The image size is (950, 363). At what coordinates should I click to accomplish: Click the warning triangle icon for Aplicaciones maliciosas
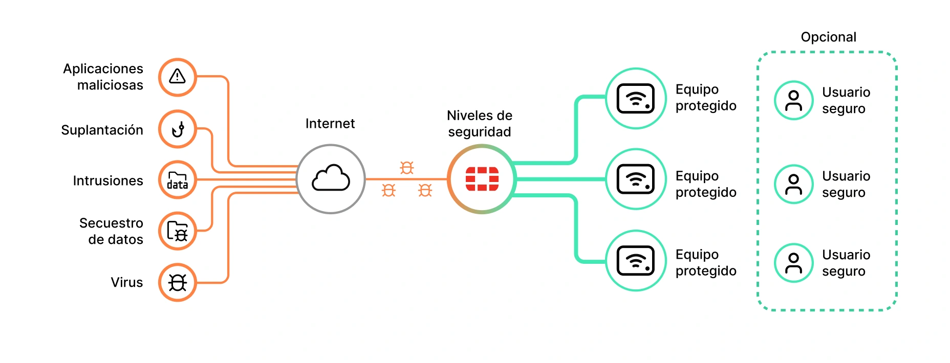coord(177,77)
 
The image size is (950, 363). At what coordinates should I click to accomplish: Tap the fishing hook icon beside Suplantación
coord(177,129)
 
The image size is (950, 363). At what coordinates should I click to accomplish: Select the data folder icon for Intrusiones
coord(177,180)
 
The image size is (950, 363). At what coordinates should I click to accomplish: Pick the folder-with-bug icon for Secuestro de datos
coord(177,231)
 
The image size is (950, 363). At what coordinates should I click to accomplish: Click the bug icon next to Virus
coord(177,282)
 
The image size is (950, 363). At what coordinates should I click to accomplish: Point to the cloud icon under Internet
coord(331,178)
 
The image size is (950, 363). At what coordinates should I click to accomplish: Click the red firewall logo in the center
coord(482,179)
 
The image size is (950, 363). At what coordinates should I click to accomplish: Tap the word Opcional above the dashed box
coord(828,37)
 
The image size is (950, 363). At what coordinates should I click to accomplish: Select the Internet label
coord(330,124)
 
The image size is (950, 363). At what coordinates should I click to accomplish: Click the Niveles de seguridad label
coord(480,124)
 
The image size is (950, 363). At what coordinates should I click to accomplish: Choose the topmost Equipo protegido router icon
coord(636,98)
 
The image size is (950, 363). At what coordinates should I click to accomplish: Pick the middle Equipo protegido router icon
coord(636,179)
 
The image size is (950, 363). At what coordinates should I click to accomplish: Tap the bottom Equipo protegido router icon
coord(636,261)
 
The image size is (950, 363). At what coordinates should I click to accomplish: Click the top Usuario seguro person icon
coord(793,100)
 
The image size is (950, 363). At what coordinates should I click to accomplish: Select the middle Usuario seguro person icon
coord(793,184)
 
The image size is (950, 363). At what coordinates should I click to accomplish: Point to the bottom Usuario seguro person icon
coord(793,263)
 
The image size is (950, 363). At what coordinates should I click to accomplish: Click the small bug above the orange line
coord(406,167)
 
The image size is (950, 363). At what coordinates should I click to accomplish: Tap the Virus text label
coord(127,282)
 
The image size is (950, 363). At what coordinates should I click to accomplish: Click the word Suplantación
coord(102,130)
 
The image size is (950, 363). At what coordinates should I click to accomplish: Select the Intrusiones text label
coord(108,180)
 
